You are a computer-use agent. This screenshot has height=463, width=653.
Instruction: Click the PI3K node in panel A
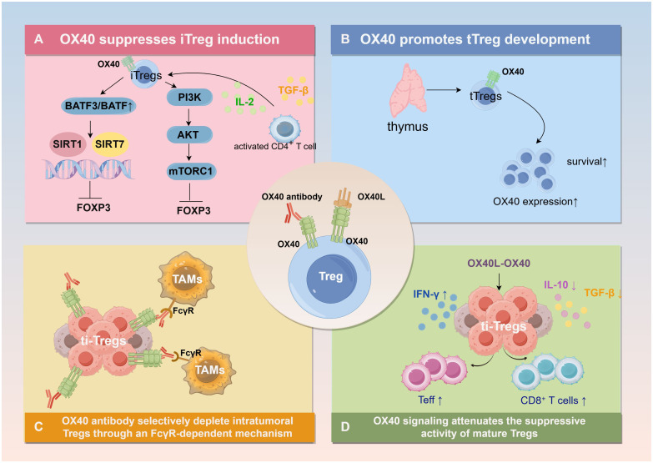(x=189, y=98)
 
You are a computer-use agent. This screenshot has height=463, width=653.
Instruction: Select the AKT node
(x=189, y=134)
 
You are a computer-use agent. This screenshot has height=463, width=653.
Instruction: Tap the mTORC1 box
(x=191, y=171)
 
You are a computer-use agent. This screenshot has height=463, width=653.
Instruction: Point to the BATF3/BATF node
(x=98, y=106)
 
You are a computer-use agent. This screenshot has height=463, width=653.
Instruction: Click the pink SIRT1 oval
(x=68, y=144)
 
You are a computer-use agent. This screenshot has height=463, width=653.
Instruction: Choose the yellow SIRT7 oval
(x=110, y=144)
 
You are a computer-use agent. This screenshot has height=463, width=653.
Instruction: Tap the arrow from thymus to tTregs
(x=444, y=89)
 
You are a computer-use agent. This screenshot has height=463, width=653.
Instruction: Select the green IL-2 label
(x=244, y=102)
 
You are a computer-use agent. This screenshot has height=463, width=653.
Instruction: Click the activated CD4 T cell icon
(x=285, y=128)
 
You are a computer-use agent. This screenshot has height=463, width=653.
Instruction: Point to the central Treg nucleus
(x=331, y=278)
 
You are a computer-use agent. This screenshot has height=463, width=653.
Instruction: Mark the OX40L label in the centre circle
(x=371, y=196)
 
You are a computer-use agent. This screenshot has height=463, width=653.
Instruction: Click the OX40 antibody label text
(x=292, y=197)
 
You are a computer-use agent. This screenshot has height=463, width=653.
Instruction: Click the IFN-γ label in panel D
(x=430, y=294)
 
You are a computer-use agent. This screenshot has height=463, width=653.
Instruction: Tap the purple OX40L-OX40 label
(x=499, y=264)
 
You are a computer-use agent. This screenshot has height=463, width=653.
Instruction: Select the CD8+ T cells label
(x=554, y=400)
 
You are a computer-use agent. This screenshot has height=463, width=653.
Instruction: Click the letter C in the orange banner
(x=38, y=427)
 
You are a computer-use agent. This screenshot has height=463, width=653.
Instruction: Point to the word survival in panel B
(x=584, y=162)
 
